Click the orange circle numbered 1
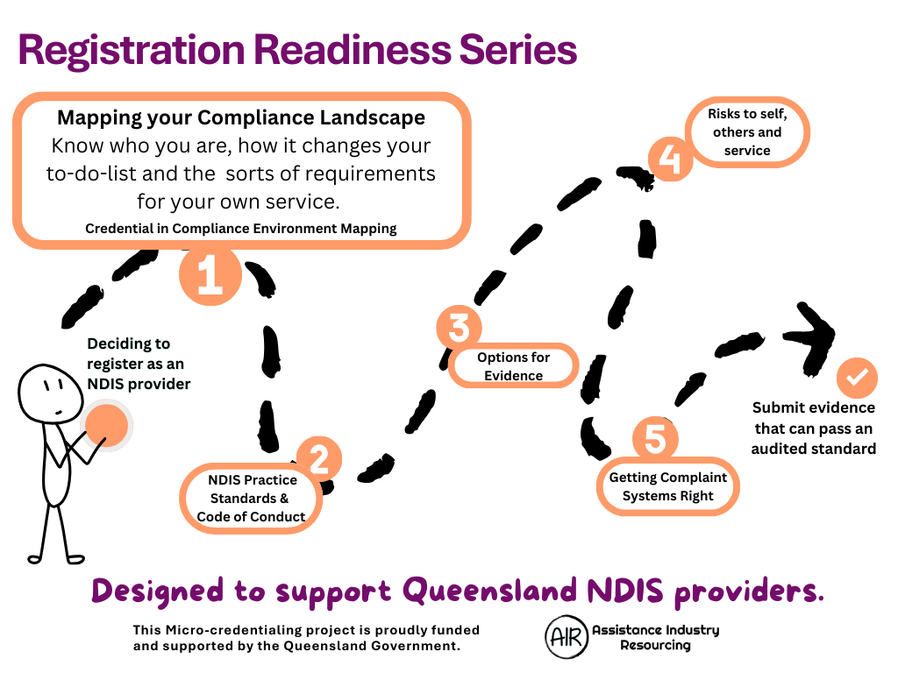tap(210, 275)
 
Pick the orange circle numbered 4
tap(671, 159)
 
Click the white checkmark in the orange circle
tap(857, 379)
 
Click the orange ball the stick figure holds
tap(106, 425)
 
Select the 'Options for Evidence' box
tap(514, 366)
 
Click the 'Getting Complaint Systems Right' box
tap(668, 486)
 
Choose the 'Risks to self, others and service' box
tap(747, 132)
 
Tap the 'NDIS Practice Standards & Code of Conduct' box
tap(251, 498)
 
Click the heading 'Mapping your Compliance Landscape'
tap(241, 117)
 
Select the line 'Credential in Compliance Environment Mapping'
tap(241, 229)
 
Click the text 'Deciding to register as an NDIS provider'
tap(138, 364)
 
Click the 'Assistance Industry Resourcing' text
tap(655, 637)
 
